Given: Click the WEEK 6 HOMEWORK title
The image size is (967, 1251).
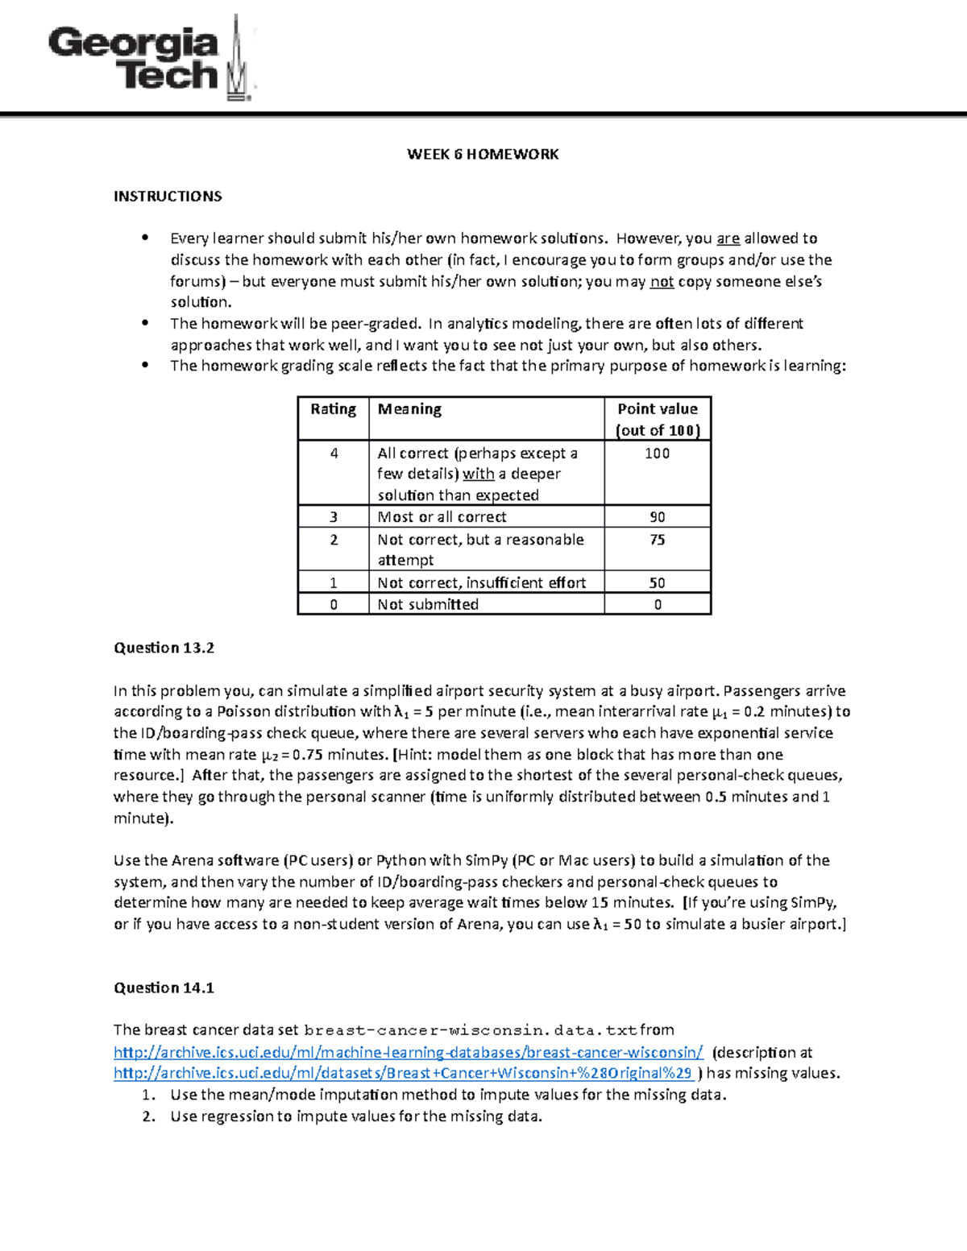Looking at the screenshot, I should click(x=483, y=154).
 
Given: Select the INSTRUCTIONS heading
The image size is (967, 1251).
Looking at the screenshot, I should click(x=168, y=196).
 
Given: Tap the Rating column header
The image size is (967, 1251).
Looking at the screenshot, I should click(x=333, y=409).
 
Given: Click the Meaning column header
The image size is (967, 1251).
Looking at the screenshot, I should click(x=409, y=409).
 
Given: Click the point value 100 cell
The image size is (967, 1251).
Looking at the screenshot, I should click(x=658, y=454).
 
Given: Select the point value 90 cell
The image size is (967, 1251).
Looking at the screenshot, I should click(x=658, y=517).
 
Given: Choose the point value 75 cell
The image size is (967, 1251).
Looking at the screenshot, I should click(x=658, y=540).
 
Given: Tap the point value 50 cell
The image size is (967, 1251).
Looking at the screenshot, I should click(x=658, y=582).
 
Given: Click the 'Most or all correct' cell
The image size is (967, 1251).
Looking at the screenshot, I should click(x=442, y=517).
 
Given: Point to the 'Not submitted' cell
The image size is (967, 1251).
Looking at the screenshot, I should click(x=428, y=604).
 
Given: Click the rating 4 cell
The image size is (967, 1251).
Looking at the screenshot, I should click(x=334, y=454).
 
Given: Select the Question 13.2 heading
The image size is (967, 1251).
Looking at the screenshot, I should click(x=164, y=648).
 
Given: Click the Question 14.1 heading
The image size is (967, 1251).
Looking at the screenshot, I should click(x=164, y=988).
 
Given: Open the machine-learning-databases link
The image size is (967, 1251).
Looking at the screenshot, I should click(x=409, y=1052).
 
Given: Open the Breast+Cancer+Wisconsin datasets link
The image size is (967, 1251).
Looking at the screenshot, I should click(x=403, y=1073).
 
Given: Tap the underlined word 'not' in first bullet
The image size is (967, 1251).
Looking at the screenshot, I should click(x=662, y=281).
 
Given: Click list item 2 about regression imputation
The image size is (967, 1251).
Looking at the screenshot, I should click(x=355, y=1116).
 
